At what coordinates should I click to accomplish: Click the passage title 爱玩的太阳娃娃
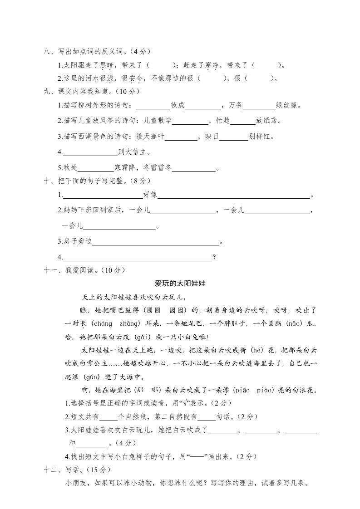pyautogui.click(x=180, y=284)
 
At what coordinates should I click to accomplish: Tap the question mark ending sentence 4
pyautogui.click(x=214, y=258)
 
